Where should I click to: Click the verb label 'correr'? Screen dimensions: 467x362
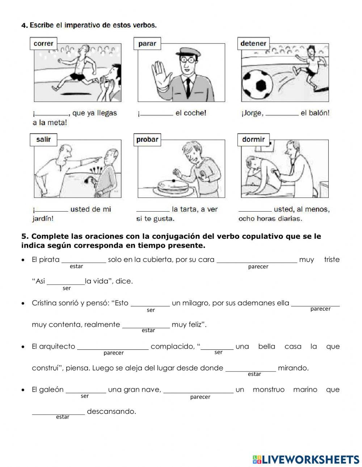coord(43,44)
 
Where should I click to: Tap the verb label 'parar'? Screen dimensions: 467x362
coord(147,44)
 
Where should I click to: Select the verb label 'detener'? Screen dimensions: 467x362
coord(253,43)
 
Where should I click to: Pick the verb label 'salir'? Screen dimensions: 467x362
coord(43,139)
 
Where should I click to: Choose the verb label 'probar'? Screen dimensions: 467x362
coord(147,140)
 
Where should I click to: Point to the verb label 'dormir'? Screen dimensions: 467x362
coord(253,139)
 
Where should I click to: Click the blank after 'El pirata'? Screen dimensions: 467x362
coord(84,260)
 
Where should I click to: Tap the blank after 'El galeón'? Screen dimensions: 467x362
coord(86,391)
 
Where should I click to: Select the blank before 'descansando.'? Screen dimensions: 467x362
coord(58,412)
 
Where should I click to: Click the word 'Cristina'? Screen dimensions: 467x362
coord(46,303)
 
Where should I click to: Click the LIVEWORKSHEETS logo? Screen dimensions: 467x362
coord(306,459)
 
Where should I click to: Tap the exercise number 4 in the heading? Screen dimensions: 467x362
coord(24,25)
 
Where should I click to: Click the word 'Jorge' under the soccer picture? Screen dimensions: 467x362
coord(252,113)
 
